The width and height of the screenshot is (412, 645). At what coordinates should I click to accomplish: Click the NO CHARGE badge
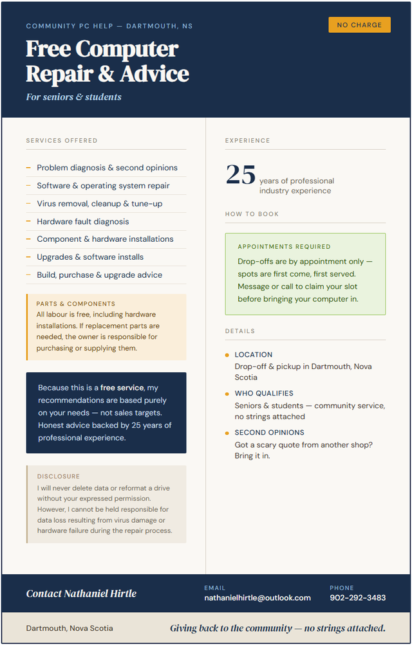tap(359, 25)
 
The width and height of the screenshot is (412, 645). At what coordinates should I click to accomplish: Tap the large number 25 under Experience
tap(241, 175)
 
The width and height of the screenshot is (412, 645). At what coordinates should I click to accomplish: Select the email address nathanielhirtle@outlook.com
tap(257, 597)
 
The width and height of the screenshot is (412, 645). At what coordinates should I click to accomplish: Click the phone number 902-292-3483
tap(357, 597)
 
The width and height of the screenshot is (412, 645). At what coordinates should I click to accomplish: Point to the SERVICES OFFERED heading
tap(62, 140)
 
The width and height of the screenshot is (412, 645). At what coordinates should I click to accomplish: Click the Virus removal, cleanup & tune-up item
tap(99, 203)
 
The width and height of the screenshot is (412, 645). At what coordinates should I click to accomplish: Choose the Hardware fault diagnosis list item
tap(82, 221)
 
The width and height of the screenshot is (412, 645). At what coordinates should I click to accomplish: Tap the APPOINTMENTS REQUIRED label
tap(284, 246)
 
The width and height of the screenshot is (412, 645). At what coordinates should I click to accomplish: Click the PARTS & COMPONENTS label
tap(76, 304)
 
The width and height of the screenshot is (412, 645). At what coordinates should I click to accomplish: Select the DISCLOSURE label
tap(59, 477)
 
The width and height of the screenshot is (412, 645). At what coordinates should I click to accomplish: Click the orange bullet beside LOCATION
tap(227, 355)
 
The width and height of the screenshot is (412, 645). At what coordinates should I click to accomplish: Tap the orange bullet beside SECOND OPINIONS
tap(227, 433)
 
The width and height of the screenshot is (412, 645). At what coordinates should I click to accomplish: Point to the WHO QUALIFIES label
tap(264, 393)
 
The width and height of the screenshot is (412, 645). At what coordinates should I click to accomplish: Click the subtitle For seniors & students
tap(73, 97)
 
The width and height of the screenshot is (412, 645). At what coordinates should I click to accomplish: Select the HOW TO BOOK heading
tap(252, 213)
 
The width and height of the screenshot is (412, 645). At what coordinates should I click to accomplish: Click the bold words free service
tap(122, 388)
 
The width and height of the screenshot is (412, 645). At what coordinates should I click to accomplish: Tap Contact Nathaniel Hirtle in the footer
tap(81, 594)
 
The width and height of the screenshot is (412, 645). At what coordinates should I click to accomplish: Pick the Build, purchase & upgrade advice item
tap(99, 275)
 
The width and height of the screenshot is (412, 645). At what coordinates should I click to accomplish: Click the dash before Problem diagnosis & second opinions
tap(28, 167)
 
